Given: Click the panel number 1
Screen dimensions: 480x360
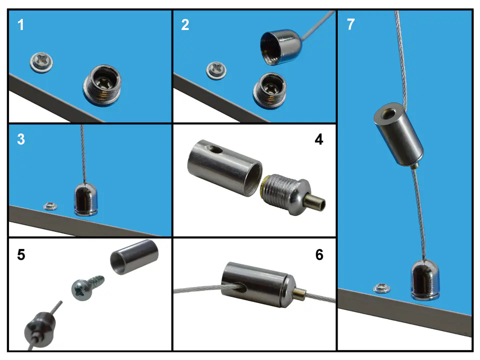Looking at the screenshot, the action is [x=20, y=25].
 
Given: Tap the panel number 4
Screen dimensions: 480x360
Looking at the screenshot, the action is [x=318, y=139].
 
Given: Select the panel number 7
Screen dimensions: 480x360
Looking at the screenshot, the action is [x=351, y=24].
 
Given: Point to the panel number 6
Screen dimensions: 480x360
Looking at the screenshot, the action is [x=319, y=254].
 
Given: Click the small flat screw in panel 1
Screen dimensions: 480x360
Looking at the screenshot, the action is [x=41, y=62].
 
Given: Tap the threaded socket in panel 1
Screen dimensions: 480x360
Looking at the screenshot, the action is [x=102, y=85].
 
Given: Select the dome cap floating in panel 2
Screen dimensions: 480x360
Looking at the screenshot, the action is [x=280, y=47].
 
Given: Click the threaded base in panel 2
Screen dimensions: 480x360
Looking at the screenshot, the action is [x=269, y=90].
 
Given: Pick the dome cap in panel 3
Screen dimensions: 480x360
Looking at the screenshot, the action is [x=86, y=199].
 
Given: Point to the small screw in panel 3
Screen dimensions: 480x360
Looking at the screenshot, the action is [x=50, y=206].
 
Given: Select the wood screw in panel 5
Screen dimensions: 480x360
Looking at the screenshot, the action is [x=87, y=287].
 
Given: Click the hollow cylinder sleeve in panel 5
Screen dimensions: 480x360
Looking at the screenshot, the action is [x=134, y=257].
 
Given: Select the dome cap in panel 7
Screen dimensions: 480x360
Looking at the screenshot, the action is [x=425, y=280].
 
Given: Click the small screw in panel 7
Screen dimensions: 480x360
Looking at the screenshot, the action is [x=381, y=288].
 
